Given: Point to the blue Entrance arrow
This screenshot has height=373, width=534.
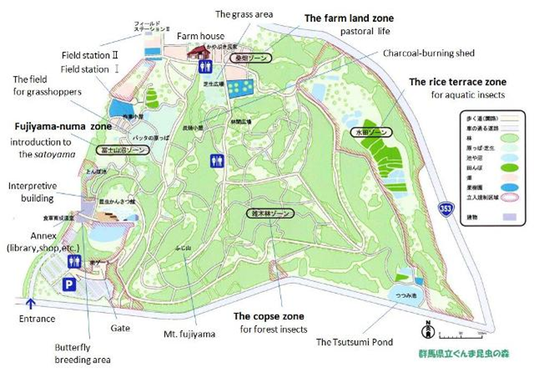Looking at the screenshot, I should (31, 304).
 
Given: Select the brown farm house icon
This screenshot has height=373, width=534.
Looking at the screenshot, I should (199, 52).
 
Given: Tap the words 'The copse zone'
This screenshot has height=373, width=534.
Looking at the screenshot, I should (269, 316).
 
